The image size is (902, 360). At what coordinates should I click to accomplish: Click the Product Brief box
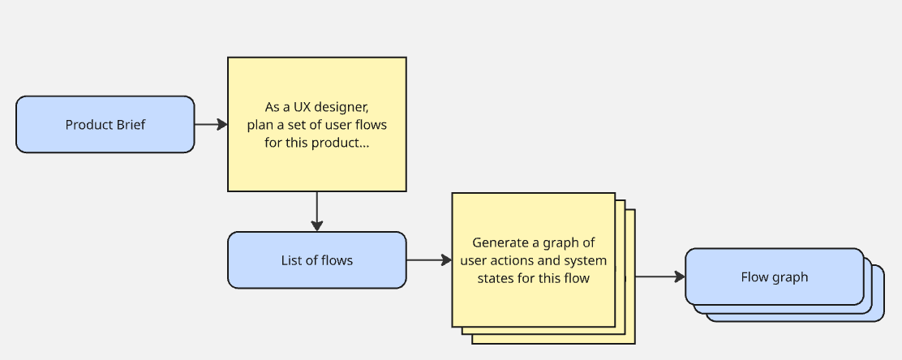[x=105, y=124]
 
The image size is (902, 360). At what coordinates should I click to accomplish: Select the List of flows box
[x=316, y=260]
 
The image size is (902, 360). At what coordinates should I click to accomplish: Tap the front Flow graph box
[x=774, y=276]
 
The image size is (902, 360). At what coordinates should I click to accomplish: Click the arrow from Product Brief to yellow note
[x=211, y=124]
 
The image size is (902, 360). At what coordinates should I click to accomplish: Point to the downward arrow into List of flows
[x=316, y=212]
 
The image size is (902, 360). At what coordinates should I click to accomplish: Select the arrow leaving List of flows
[x=428, y=260]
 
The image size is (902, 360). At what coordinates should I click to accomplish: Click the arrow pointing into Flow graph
[x=659, y=276]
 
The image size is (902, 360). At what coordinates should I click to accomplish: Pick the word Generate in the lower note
[x=500, y=242]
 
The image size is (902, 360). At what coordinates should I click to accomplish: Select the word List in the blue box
[x=290, y=260]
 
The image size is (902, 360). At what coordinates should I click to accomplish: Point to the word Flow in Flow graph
[x=754, y=276]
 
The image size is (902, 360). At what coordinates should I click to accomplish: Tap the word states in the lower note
[x=494, y=278]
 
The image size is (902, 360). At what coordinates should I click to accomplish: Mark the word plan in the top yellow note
[x=260, y=125]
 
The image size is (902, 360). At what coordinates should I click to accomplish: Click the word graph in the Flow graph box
[x=790, y=276]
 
